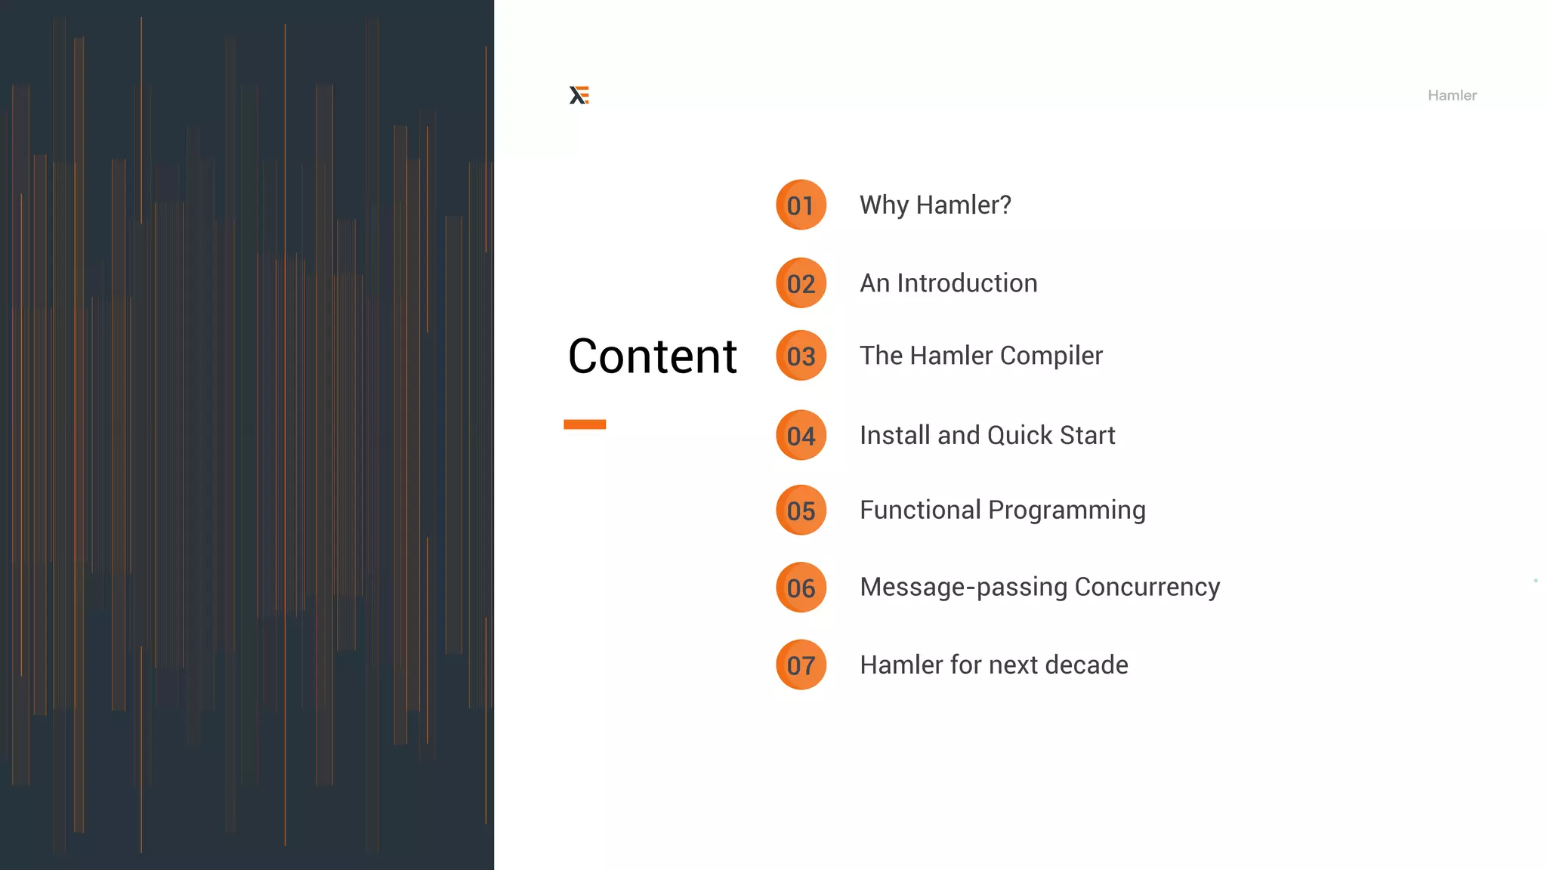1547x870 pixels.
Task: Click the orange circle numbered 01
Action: click(x=801, y=205)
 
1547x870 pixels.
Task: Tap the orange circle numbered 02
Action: click(x=801, y=283)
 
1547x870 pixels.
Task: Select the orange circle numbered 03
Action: click(x=801, y=356)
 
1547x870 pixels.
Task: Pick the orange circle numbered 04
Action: click(x=801, y=435)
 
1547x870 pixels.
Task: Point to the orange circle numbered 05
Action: click(x=801, y=511)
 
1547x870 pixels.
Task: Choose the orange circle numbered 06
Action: click(x=801, y=588)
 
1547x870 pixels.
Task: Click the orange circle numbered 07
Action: click(x=801, y=665)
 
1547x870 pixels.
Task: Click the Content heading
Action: click(x=652, y=356)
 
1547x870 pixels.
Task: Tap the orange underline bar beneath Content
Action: click(x=585, y=424)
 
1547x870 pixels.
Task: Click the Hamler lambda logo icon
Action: click(x=579, y=95)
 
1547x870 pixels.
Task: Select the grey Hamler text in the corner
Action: click(x=1452, y=95)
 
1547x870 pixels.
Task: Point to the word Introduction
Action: click(x=967, y=283)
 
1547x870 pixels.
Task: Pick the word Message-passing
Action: click(x=963, y=588)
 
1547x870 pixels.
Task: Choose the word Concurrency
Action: click(x=1147, y=588)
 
